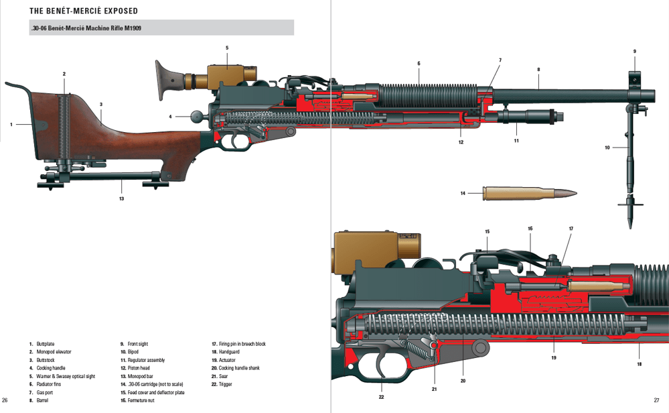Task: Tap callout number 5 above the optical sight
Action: coord(227,48)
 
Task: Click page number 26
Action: coord(5,400)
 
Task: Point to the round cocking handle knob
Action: coord(197,116)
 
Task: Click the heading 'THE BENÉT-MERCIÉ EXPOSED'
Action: coord(84,11)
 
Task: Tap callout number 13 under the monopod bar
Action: coord(121,198)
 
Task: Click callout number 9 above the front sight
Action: coord(634,52)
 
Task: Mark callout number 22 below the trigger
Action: coord(381,397)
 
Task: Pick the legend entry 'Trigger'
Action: coord(226,384)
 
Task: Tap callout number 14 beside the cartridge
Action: coord(462,193)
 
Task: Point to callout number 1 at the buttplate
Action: coord(11,124)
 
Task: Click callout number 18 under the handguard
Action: coord(639,364)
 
